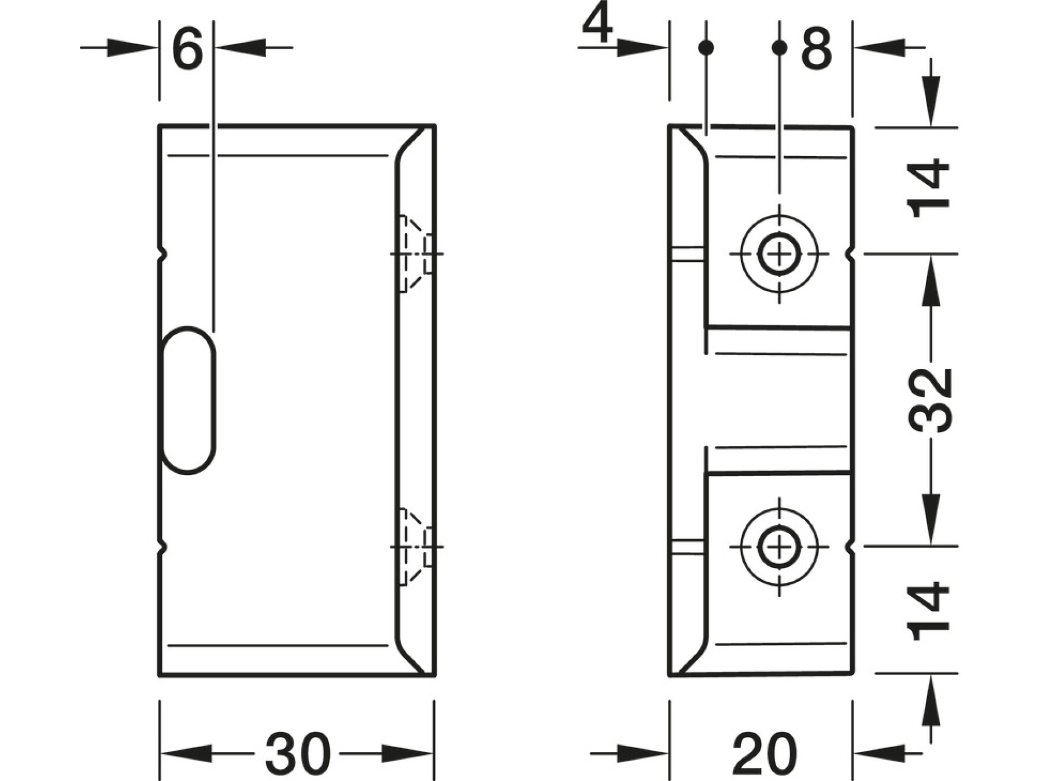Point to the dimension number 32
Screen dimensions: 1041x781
(x=930, y=400)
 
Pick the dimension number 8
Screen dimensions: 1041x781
(x=817, y=49)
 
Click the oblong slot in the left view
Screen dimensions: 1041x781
(x=189, y=400)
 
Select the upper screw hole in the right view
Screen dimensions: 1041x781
(x=780, y=253)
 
